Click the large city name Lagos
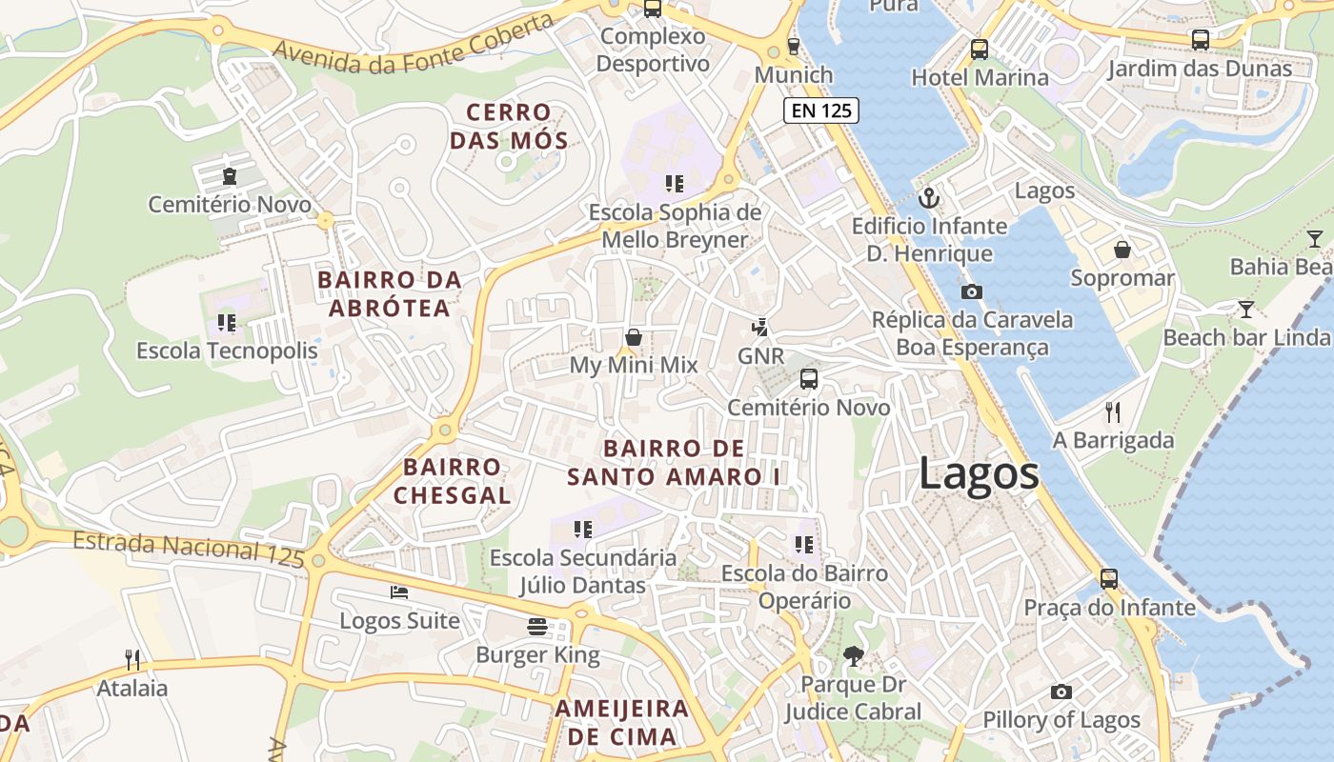(979, 473)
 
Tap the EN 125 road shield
(821, 110)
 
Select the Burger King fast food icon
(537, 626)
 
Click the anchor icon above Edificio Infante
(928, 198)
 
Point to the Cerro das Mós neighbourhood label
(509, 127)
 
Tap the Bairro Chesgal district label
(452, 481)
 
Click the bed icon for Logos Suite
(399, 592)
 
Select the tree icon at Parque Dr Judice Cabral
(853, 655)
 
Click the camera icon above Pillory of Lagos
(1061, 692)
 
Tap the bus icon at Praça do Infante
(1109, 578)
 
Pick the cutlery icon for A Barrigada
(1112, 411)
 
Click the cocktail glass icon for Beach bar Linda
(1245, 309)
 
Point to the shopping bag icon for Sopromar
(1122, 250)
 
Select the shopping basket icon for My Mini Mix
(633, 337)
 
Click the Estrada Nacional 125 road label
(189, 549)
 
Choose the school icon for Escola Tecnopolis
(227, 322)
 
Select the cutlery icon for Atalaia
(132, 659)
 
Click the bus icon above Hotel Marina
(979, 49)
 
